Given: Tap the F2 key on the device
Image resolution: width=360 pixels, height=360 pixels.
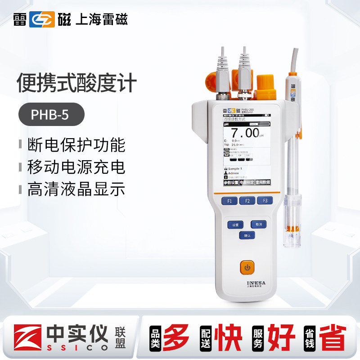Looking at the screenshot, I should point(247,201).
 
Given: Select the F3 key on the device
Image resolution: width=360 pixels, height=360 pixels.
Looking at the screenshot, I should point(265,201).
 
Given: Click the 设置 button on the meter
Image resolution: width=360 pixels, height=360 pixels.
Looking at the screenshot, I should point(235,224).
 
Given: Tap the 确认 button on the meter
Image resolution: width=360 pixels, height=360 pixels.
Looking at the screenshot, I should point(247,235).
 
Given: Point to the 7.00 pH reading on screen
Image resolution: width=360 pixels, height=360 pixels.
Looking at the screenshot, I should point(245,133).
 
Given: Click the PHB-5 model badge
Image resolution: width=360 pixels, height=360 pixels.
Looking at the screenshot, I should point(51,115).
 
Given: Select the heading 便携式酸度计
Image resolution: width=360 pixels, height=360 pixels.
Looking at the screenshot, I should point(76,84).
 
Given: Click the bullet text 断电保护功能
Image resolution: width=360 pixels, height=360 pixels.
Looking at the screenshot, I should point(76,145).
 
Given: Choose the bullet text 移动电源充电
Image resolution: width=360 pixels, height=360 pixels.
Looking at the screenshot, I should point(76,167).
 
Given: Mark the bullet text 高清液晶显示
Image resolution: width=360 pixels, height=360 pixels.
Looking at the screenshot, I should point(76,189).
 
